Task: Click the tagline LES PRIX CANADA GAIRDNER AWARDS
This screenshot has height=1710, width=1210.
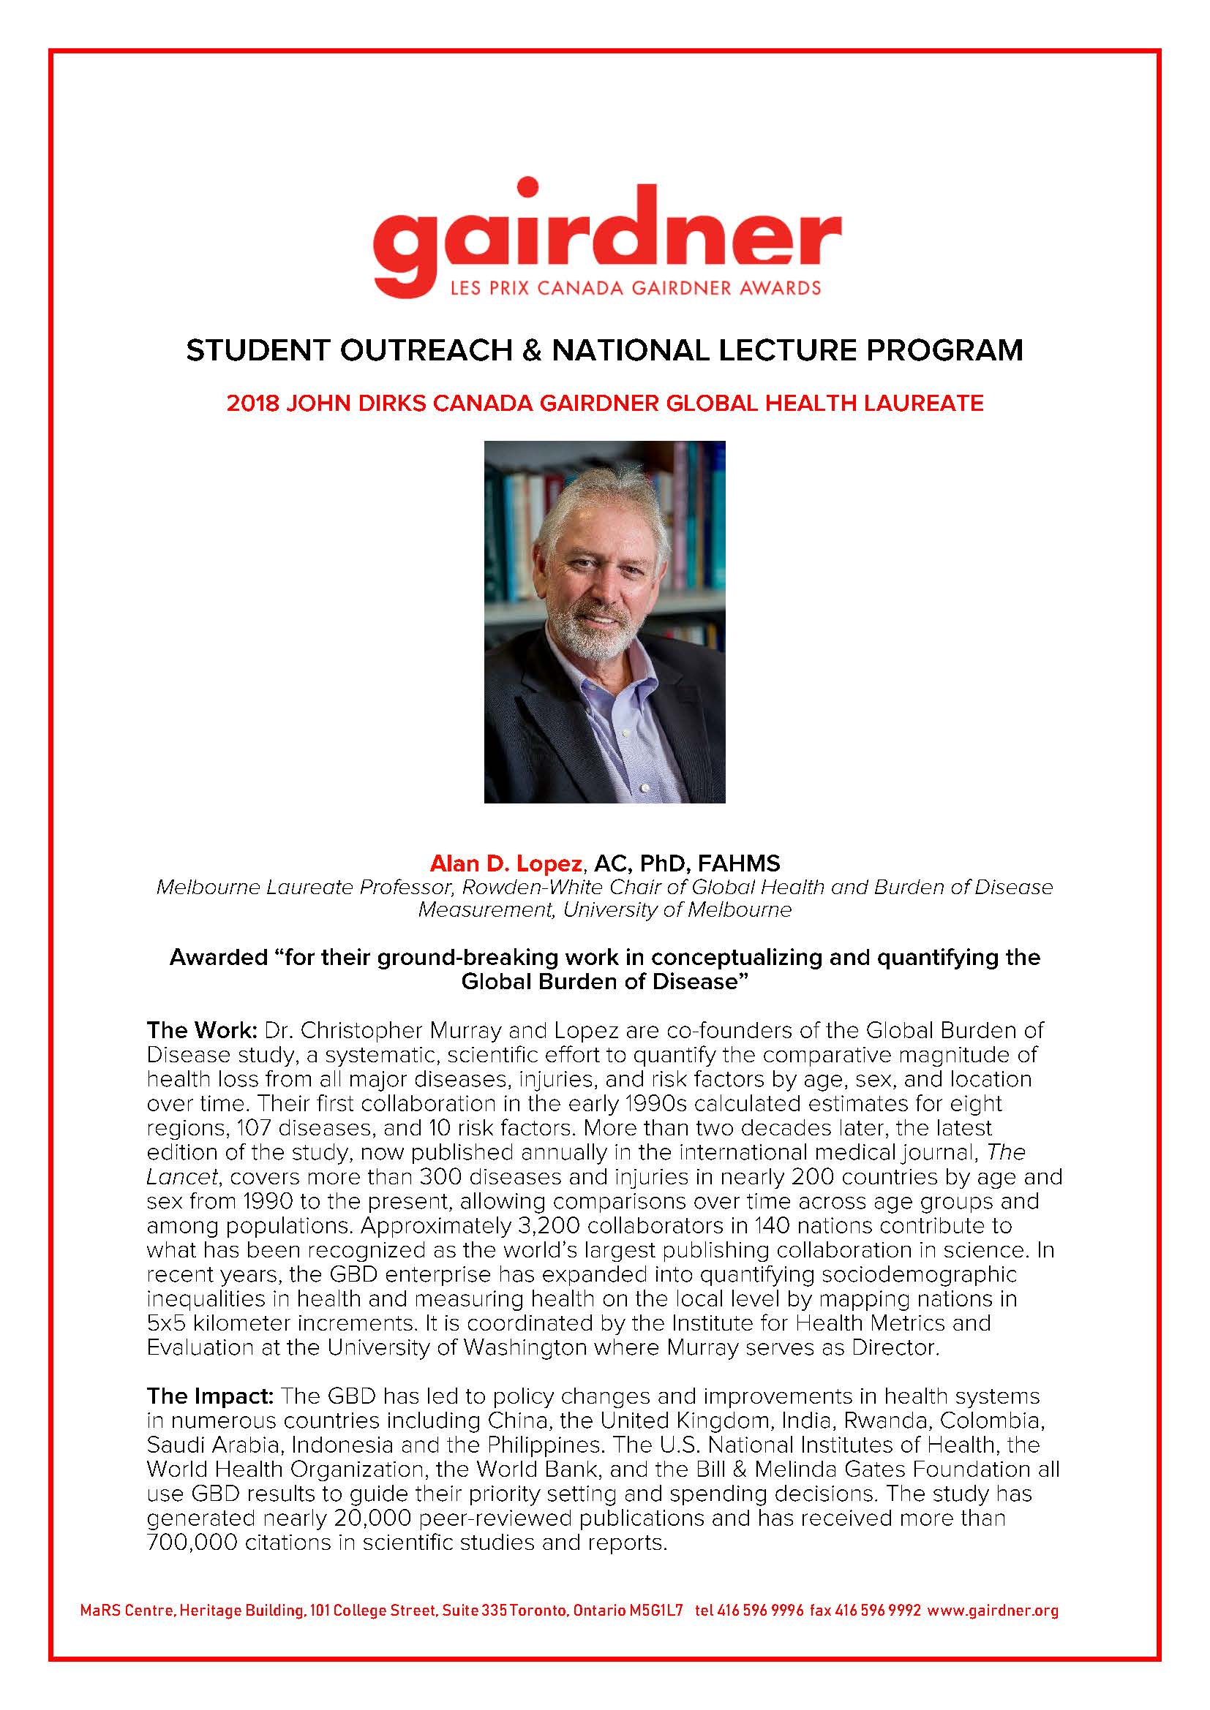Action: pyautogui.click(x=635, y=287)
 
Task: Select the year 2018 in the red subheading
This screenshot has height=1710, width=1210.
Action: pyautogui.click(x=252, y=403)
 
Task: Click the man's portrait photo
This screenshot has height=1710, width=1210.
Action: pyautogui.click(x=604, y=621)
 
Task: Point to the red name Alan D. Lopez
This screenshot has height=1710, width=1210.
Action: pyautogui.click(x=506, y=863)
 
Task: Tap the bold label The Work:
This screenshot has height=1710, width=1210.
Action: pyautogui.click(x=201, y=1030)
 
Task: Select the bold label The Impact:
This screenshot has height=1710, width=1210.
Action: pyautogui.click(x=211, y=1396)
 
